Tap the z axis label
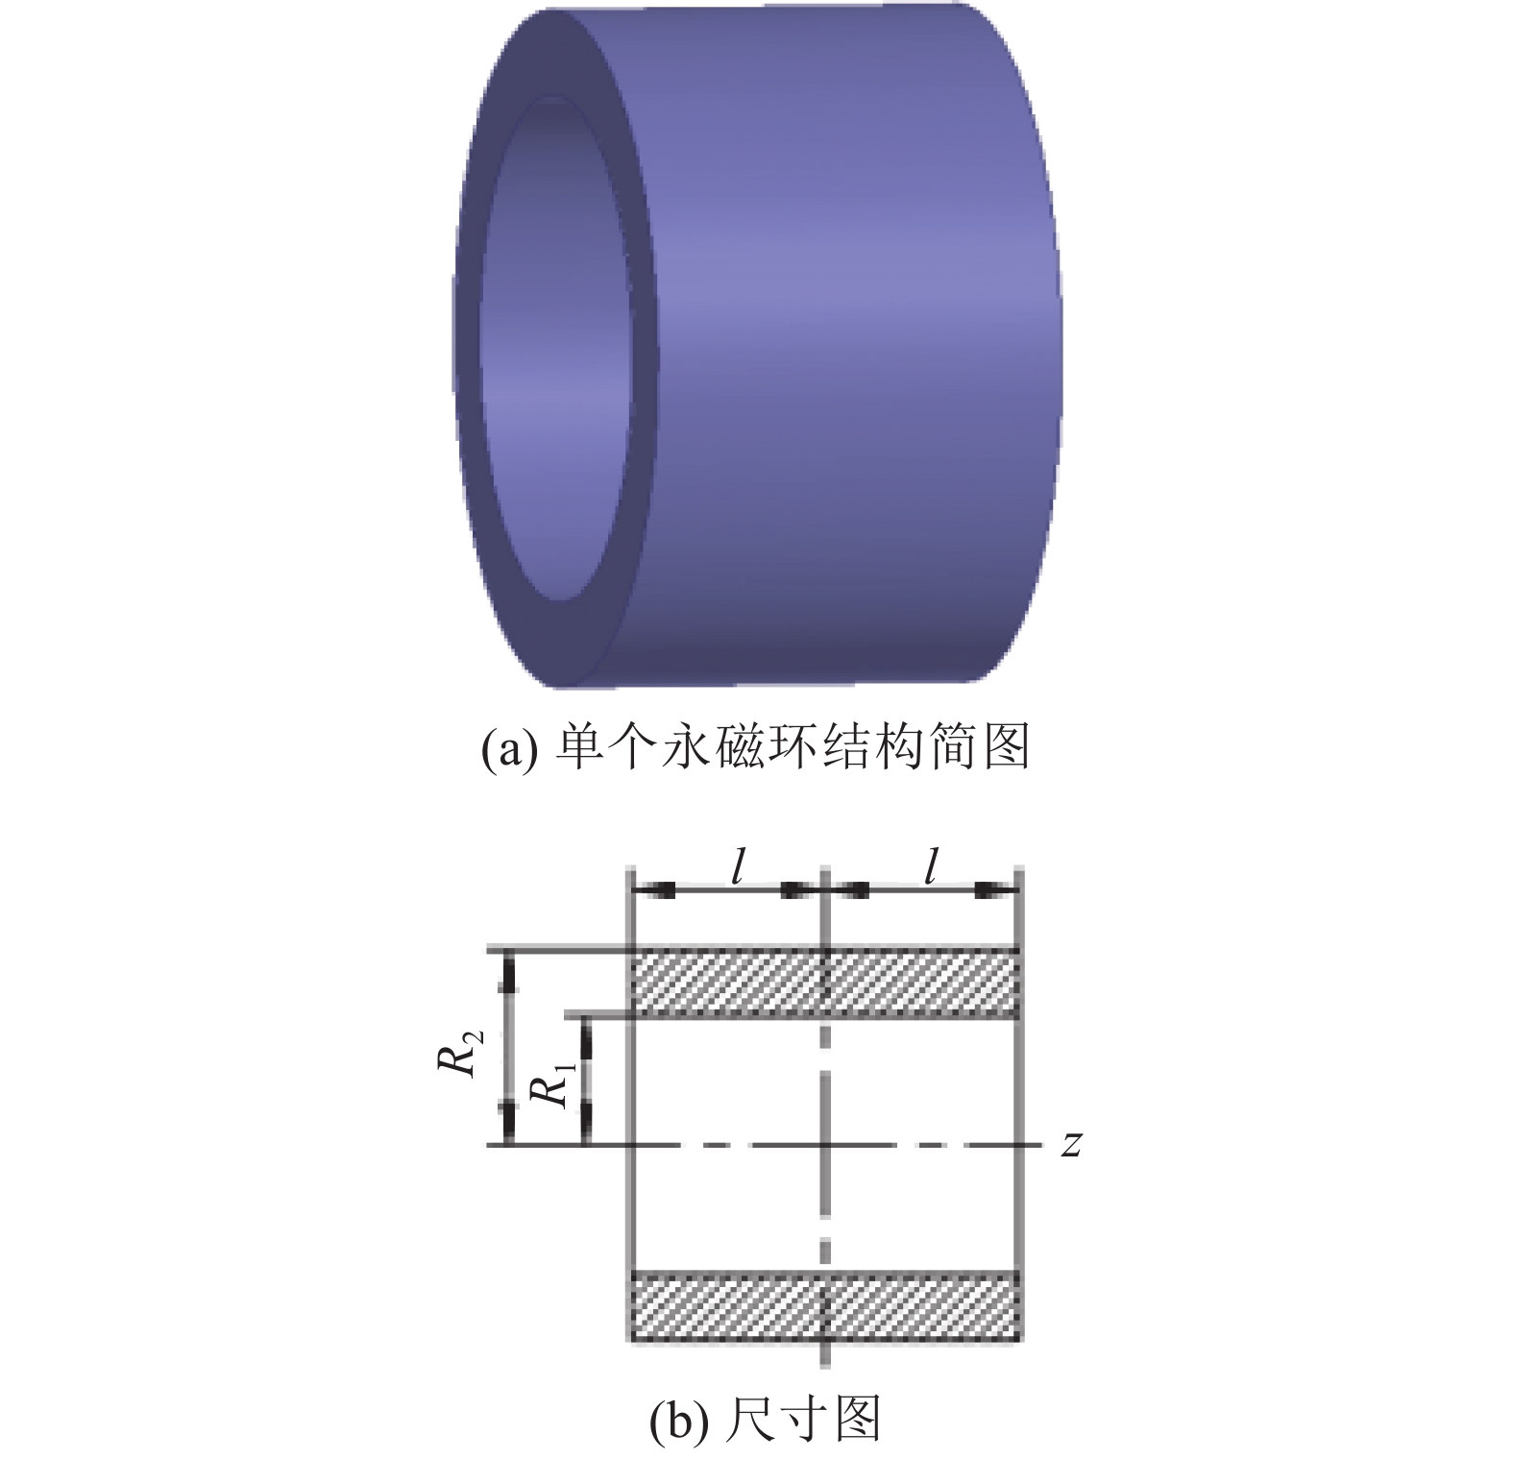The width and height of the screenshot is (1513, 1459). [x=1072, y=1144]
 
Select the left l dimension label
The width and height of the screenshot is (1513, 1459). [x=737, y=868]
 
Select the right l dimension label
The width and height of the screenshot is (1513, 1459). [x=929, y=868]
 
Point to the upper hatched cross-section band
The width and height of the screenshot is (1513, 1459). [x=824, y=983]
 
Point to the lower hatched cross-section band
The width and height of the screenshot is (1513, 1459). [x=824, y=1305]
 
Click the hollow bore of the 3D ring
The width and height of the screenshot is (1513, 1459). [x=557, y=355]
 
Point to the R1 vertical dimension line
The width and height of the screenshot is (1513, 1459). [x=585, y=1080]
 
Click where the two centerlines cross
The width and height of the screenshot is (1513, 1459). [x=825, y=1144]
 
